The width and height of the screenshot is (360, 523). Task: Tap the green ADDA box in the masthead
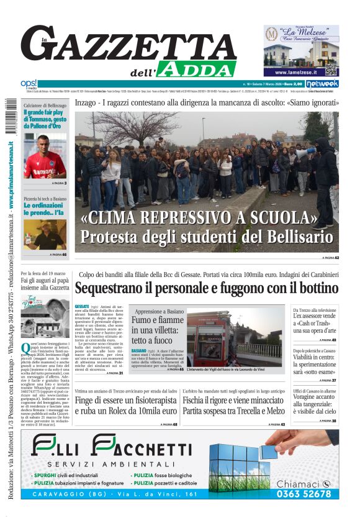pyautogui.click(x=196, y=69)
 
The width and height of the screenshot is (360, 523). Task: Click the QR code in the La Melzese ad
pyautogui.click(x=330, y=69)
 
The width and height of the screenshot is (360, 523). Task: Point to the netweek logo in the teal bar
pyautogui.click(x=322, y=83)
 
